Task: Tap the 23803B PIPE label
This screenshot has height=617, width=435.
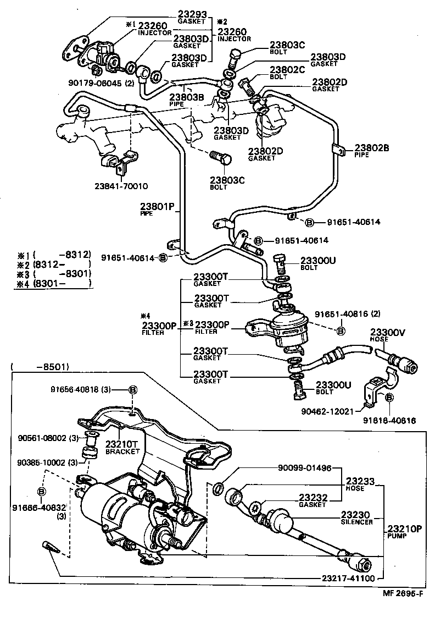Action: [186, 100]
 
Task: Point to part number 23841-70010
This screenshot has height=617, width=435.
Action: [120, 186]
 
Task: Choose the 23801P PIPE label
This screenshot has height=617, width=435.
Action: [157, 208]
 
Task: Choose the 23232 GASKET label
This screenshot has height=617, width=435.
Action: [313, 500]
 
